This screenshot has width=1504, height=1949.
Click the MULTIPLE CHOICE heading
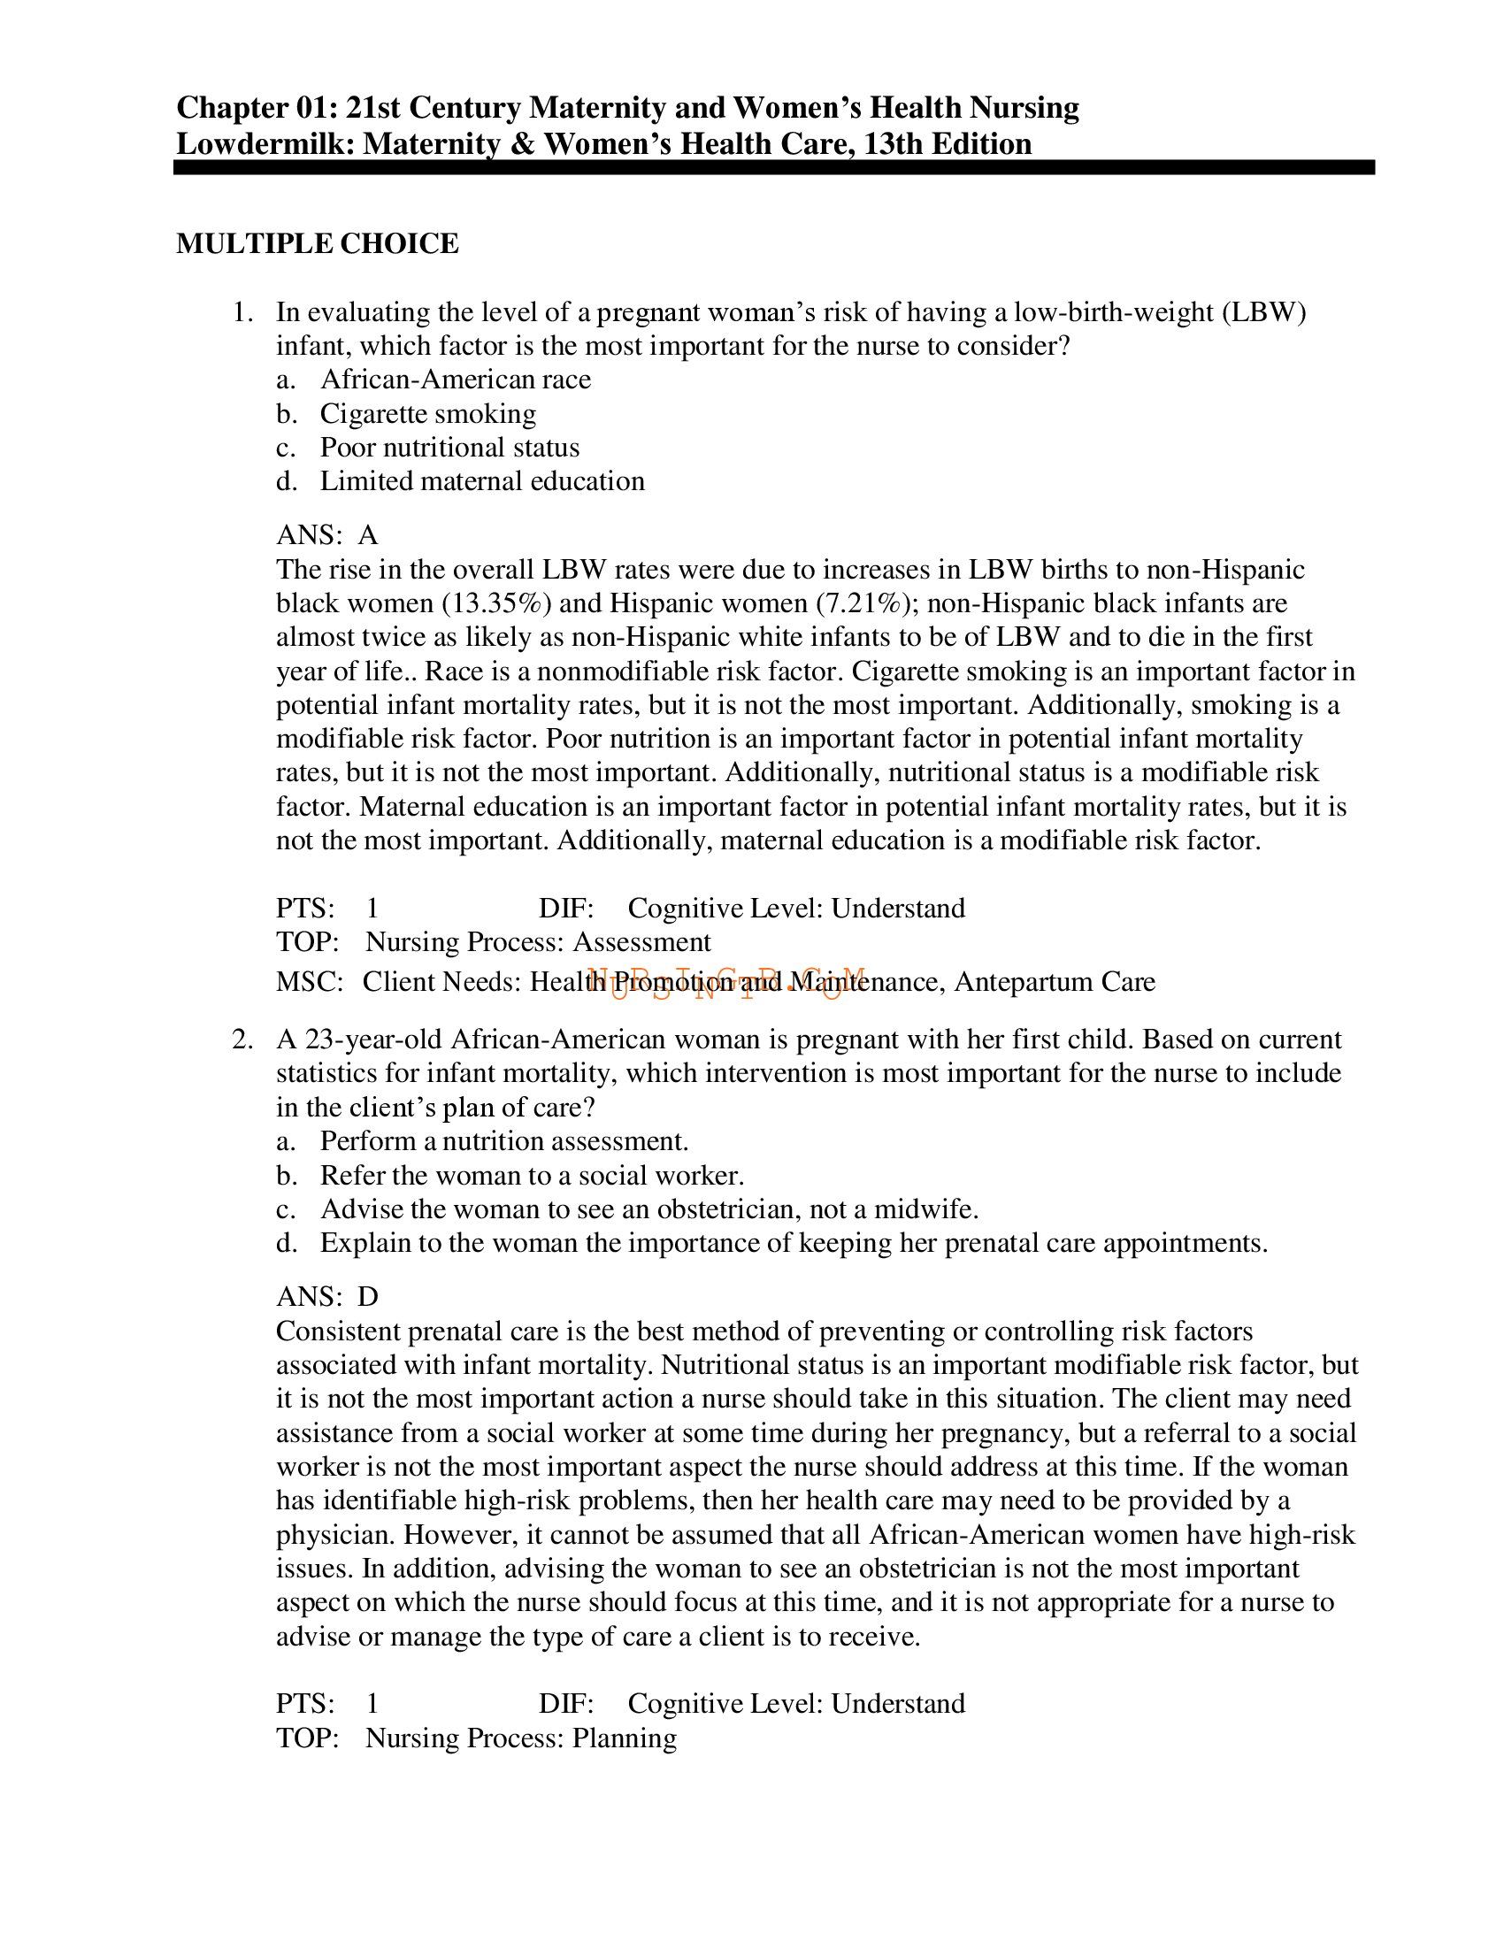pyautogui.click(x=317, y=243)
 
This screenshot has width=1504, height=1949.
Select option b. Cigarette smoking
pyautogui.click(x=427, y=414)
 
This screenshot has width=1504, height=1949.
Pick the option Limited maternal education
pyautogui.click(x=482, y=482)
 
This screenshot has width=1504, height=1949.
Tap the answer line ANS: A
pyautogui.click(x=326, y=535)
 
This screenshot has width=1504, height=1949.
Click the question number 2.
pyautogui.click(x=242, y=1040)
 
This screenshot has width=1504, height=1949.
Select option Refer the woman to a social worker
pyautogui.click(x=532, y=1176)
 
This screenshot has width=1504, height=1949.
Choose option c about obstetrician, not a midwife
pyautogui.click(x=648, y=1210)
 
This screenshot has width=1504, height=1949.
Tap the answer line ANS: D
pyautogui.click(x=326, y=1297)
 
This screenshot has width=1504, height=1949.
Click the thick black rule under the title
pyautogui.click(x=773, y=167)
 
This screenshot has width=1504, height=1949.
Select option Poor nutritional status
pyautogui.click(x=449, y=448)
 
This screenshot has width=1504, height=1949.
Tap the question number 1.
pyautogui.click(x=242, y=312)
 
